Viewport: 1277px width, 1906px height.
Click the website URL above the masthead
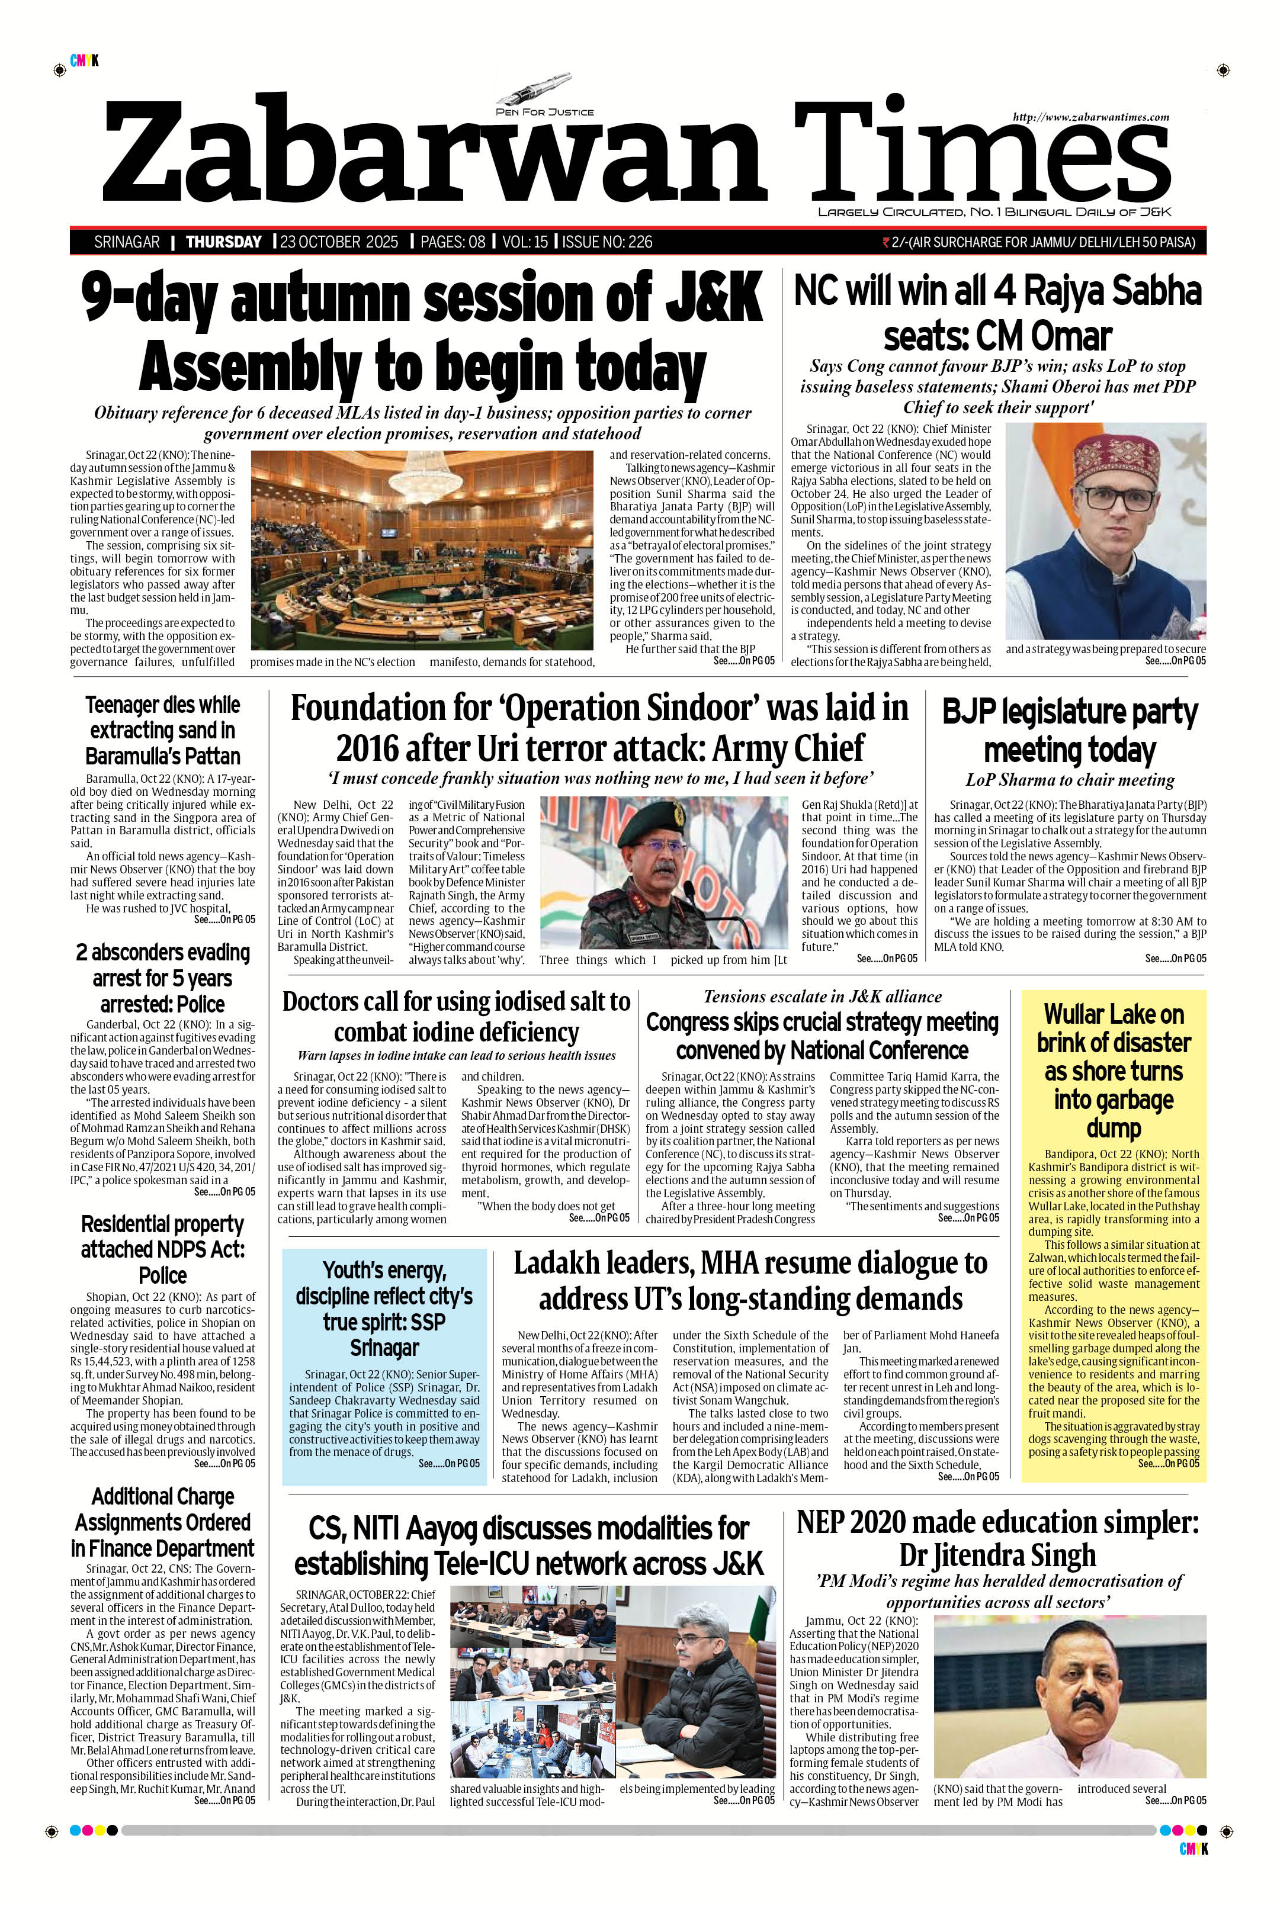click(x=1090, y=117)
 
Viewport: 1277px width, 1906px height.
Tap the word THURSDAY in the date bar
click(x=224, y=242)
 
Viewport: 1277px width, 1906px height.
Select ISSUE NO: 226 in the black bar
click(x=608, y=242)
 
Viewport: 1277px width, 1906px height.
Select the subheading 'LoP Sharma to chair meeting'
click(x=1070, y=780)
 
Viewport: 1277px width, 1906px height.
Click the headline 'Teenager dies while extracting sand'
click(x=163, y=729)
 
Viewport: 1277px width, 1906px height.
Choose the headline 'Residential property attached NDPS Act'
click(x=163, y=1249)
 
